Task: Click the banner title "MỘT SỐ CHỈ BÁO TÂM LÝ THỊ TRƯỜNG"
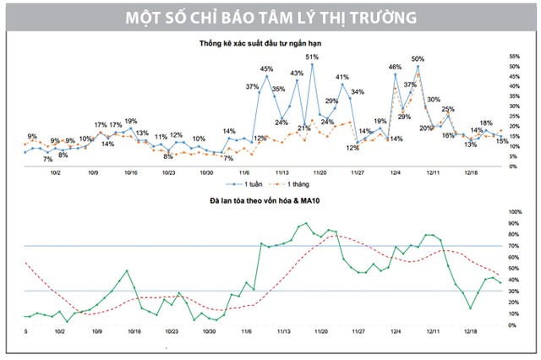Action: tap(270, 17)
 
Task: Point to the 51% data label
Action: tap(312, 57)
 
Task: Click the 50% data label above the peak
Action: tap(418, 58)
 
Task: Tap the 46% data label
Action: tap(395, 66)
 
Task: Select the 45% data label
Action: tap(266, 68)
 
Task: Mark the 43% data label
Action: tap(297, 74)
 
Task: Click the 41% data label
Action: tap(342, 77)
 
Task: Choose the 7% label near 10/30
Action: tap(227, 158)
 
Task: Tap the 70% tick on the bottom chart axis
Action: tap(513, 246)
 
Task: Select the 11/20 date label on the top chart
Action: tap(320, 172)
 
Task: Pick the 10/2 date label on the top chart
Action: tap(56, 172)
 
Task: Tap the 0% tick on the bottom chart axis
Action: tap(511, 325)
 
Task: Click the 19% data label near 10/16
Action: tap(131, 121)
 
